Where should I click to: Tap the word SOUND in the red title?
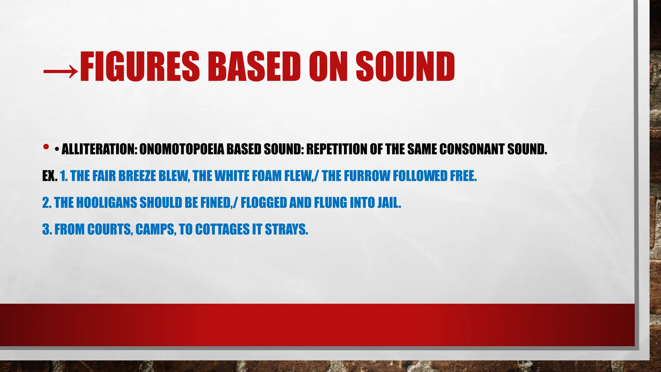point(405,67)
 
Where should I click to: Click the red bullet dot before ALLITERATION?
point(46,147)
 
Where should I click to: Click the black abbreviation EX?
point(50,176)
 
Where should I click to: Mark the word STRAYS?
point(286,230)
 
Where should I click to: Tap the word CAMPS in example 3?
point(156,230)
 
